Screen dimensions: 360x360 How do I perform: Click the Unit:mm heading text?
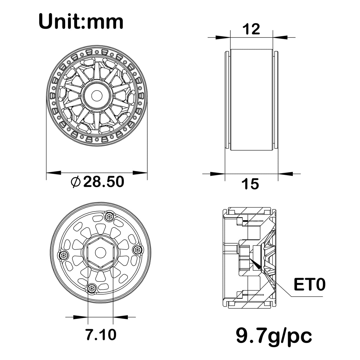click(x=81, y=22)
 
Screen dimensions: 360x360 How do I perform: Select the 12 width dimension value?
click(x=252, y=29)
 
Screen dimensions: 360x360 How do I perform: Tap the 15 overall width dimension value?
click(x=250, y=184)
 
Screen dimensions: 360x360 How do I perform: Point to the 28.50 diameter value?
click(x=104, y=181)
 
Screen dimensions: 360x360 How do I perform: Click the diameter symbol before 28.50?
click(x=76, y=182)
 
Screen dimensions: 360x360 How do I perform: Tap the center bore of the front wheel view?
click(x=97, y=96)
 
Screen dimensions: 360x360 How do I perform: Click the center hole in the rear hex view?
click(x=100, y=253)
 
